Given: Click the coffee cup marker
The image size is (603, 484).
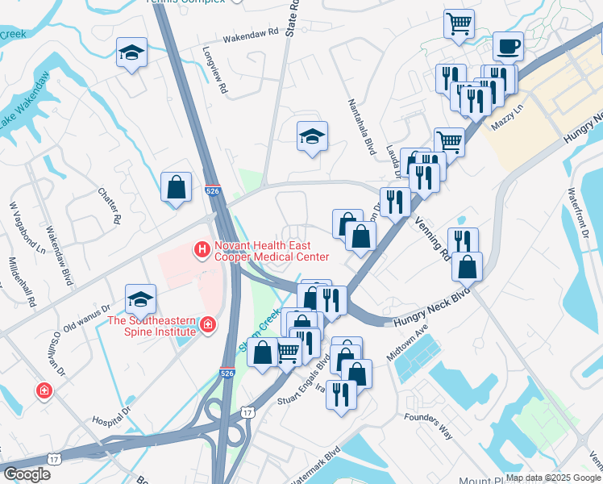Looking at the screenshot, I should tap(507, 47).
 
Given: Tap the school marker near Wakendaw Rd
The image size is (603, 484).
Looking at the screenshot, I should tap(131, 53).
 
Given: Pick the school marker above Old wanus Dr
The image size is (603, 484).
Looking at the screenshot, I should tap(140, 298).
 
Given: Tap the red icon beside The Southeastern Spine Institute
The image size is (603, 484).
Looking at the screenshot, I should tap(208, 325).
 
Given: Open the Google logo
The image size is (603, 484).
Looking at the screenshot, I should tap(27, 474).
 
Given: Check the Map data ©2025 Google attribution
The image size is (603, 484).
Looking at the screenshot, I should tap(552, 478).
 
